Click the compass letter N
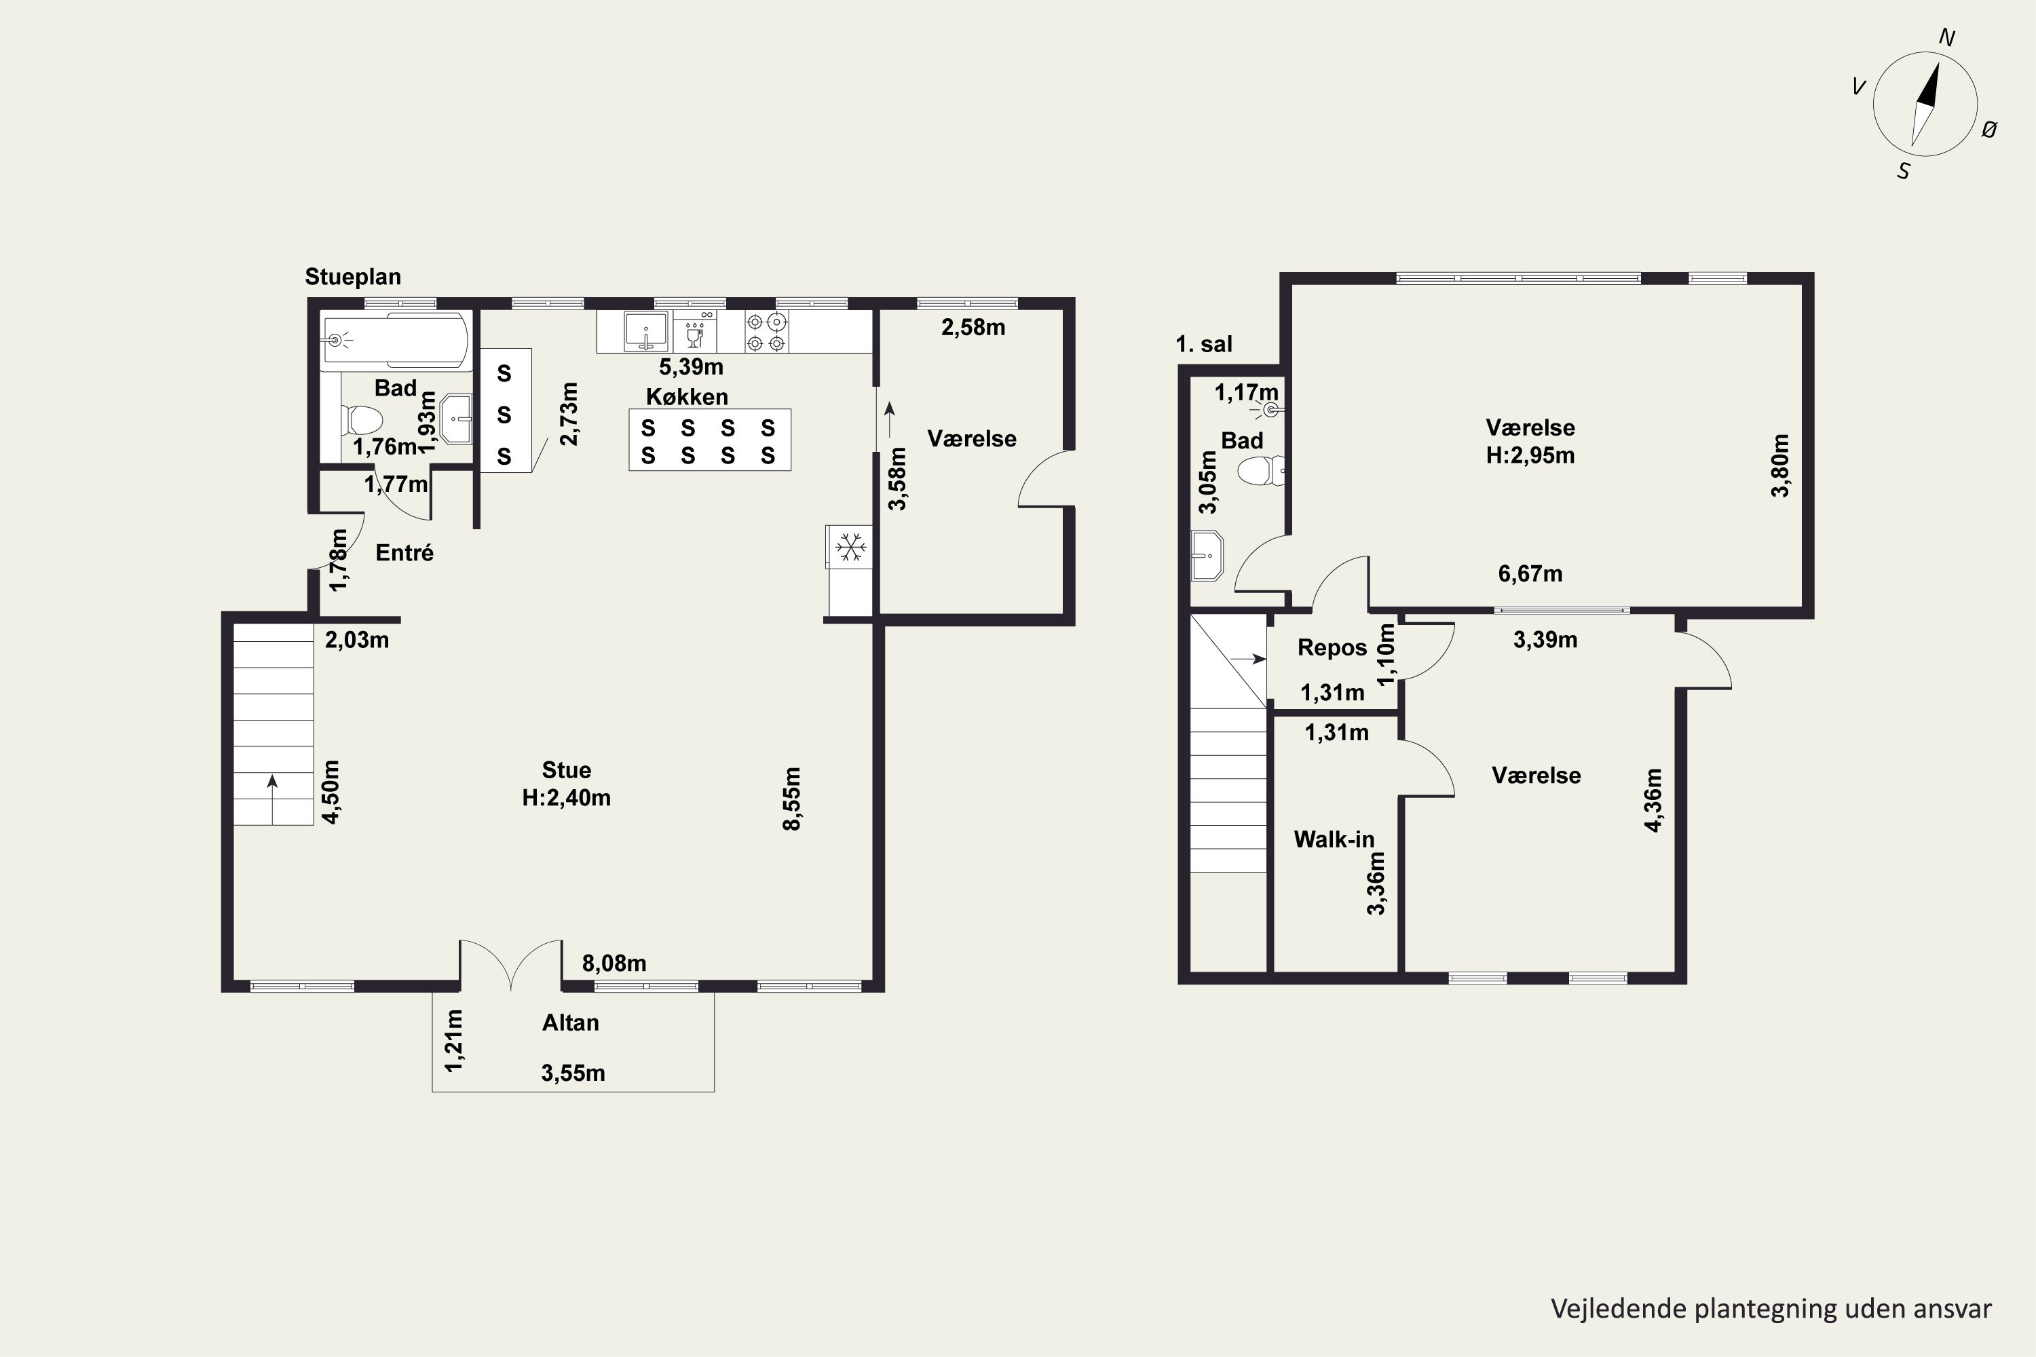click(x=1947, y=37)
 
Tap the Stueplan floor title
click(x=353, y=277)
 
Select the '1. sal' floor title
click(x=1203, y=345)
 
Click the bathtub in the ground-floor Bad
click(x=396, y=340)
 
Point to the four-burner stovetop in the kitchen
click(x=766, y=332)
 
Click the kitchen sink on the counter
click(x=647, y=332)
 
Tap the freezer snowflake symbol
click(x=850, y=547)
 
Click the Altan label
click(x=571, y=1023)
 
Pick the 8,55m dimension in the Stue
click(x=792, y=799)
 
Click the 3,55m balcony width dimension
click(x=573, y=1073)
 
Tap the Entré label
click(x=404, y=553)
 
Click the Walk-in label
click(x=1334, y=839)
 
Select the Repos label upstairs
click(x=1332, y=648)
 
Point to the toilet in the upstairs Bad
click(x=1260, y=472)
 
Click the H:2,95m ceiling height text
click(x=1530, y=455)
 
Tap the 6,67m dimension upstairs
click(x=1530, y=574)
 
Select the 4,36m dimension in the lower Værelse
click(x=1653, y=801)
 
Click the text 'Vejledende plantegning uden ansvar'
click(x=1771, y=1309)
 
